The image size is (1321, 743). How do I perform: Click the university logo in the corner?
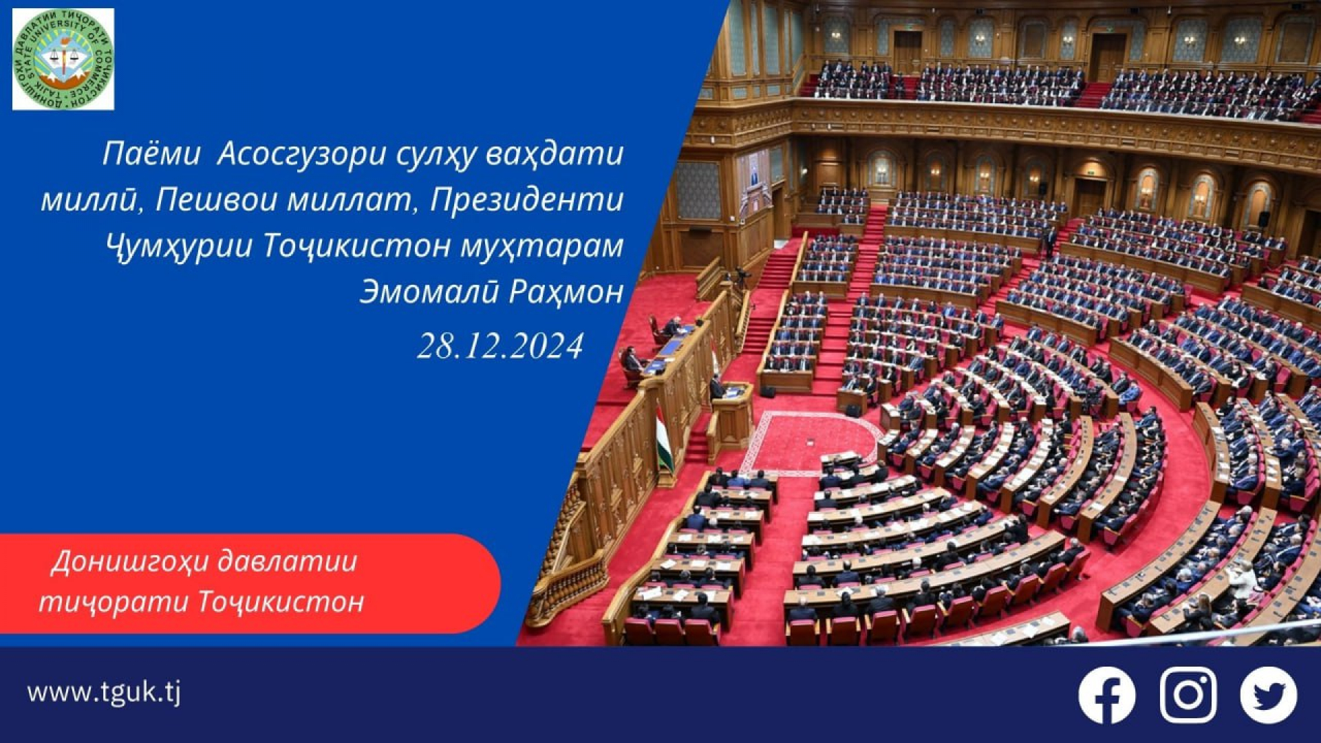[x=63, y=59]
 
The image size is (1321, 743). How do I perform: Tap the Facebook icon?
[x=1106, y=695]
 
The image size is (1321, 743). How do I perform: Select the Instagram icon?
[x=1188, y=695]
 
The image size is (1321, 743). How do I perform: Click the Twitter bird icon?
[x=1269, y=695]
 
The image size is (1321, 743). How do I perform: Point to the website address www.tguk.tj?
[x=104, y=692]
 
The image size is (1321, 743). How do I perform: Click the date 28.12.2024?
[x=500, y=345]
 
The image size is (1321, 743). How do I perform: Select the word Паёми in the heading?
[x=151, y=154]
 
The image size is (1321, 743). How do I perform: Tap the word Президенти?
[x=526, y=200]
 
